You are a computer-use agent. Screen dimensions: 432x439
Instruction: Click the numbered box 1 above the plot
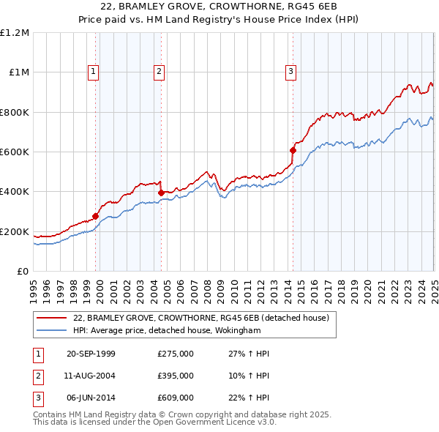[x=94, y=71]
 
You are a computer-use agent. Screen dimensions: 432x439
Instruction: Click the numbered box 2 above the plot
[x=159, y=71]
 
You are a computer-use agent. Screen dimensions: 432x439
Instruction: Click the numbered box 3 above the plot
[x=290, y=71]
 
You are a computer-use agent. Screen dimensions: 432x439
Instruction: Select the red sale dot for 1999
[x=96, y=216]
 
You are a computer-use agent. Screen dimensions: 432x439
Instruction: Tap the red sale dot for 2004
[x=161, y=193]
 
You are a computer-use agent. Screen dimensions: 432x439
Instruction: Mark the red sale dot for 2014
[x=293, y=150]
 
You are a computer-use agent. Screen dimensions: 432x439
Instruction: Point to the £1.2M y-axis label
[x=15, y=32]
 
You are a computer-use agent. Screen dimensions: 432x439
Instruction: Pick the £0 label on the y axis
[x=22, y=271]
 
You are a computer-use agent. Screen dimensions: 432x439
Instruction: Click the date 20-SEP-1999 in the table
[x=91, y=354]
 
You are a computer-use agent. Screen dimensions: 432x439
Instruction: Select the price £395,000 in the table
[x=176, y=376]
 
